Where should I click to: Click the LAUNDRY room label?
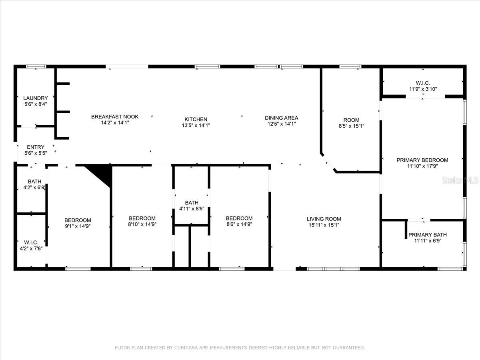point(36,98)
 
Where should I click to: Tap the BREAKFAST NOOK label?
point(115,117)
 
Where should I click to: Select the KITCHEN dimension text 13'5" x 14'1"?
point(196,125)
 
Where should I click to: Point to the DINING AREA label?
point(282,118)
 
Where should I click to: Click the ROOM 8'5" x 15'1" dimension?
point(351,126)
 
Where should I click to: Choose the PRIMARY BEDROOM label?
point(422,160)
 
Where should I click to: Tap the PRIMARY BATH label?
point(427,235)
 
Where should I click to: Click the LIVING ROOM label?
point(324,219)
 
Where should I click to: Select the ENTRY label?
point(36,147)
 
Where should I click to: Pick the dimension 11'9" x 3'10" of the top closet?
point(423,89)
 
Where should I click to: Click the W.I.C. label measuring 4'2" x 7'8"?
point(31,242)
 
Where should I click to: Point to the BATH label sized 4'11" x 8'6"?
point(192,203)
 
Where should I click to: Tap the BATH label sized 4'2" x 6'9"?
point(34,182)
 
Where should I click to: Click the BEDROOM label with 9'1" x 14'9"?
point(78,220)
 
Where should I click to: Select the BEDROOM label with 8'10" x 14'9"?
point(142,218)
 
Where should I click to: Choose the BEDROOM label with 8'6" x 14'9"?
point(239,218)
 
